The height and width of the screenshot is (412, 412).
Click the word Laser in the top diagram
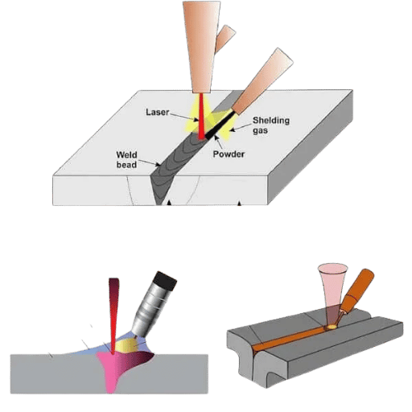point(158,112)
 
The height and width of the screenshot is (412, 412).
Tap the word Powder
point(229,154)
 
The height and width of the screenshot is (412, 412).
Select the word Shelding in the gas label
point(271,121)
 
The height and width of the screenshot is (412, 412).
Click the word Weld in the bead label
point(126,154)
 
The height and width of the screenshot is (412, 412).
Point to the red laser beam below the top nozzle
point(201,116)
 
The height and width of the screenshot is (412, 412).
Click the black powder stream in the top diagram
point(220,126)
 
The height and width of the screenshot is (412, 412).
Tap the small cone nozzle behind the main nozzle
point(225,39)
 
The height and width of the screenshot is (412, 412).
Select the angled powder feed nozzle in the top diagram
point(262,82)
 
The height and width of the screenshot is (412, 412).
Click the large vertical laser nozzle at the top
point(202,47)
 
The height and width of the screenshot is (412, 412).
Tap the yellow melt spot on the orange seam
point(332,327)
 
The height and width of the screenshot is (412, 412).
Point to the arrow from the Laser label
point(184,117)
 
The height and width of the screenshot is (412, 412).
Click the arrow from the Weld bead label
point(149,163)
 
